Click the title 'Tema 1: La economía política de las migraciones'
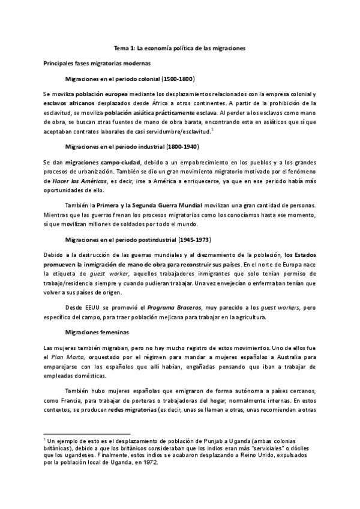pyautogui.click(x=179, y=47)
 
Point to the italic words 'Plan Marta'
pyautogui.click(x=63, y=358)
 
